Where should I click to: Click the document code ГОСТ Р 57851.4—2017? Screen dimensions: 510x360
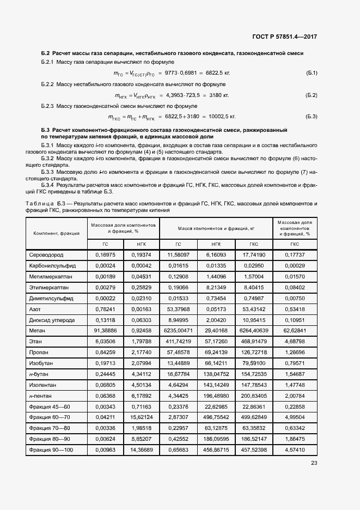point(285,37)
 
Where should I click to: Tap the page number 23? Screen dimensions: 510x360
point(314,463)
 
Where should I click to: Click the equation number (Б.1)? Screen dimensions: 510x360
point(312,73)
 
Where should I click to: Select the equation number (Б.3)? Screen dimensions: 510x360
point(312,117)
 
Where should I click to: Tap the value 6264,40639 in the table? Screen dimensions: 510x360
point(253,331)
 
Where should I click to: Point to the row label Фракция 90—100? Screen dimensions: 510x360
point(51,450)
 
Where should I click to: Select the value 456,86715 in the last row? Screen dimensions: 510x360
point(216,450)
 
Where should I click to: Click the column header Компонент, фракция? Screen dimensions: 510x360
point(56,233)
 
